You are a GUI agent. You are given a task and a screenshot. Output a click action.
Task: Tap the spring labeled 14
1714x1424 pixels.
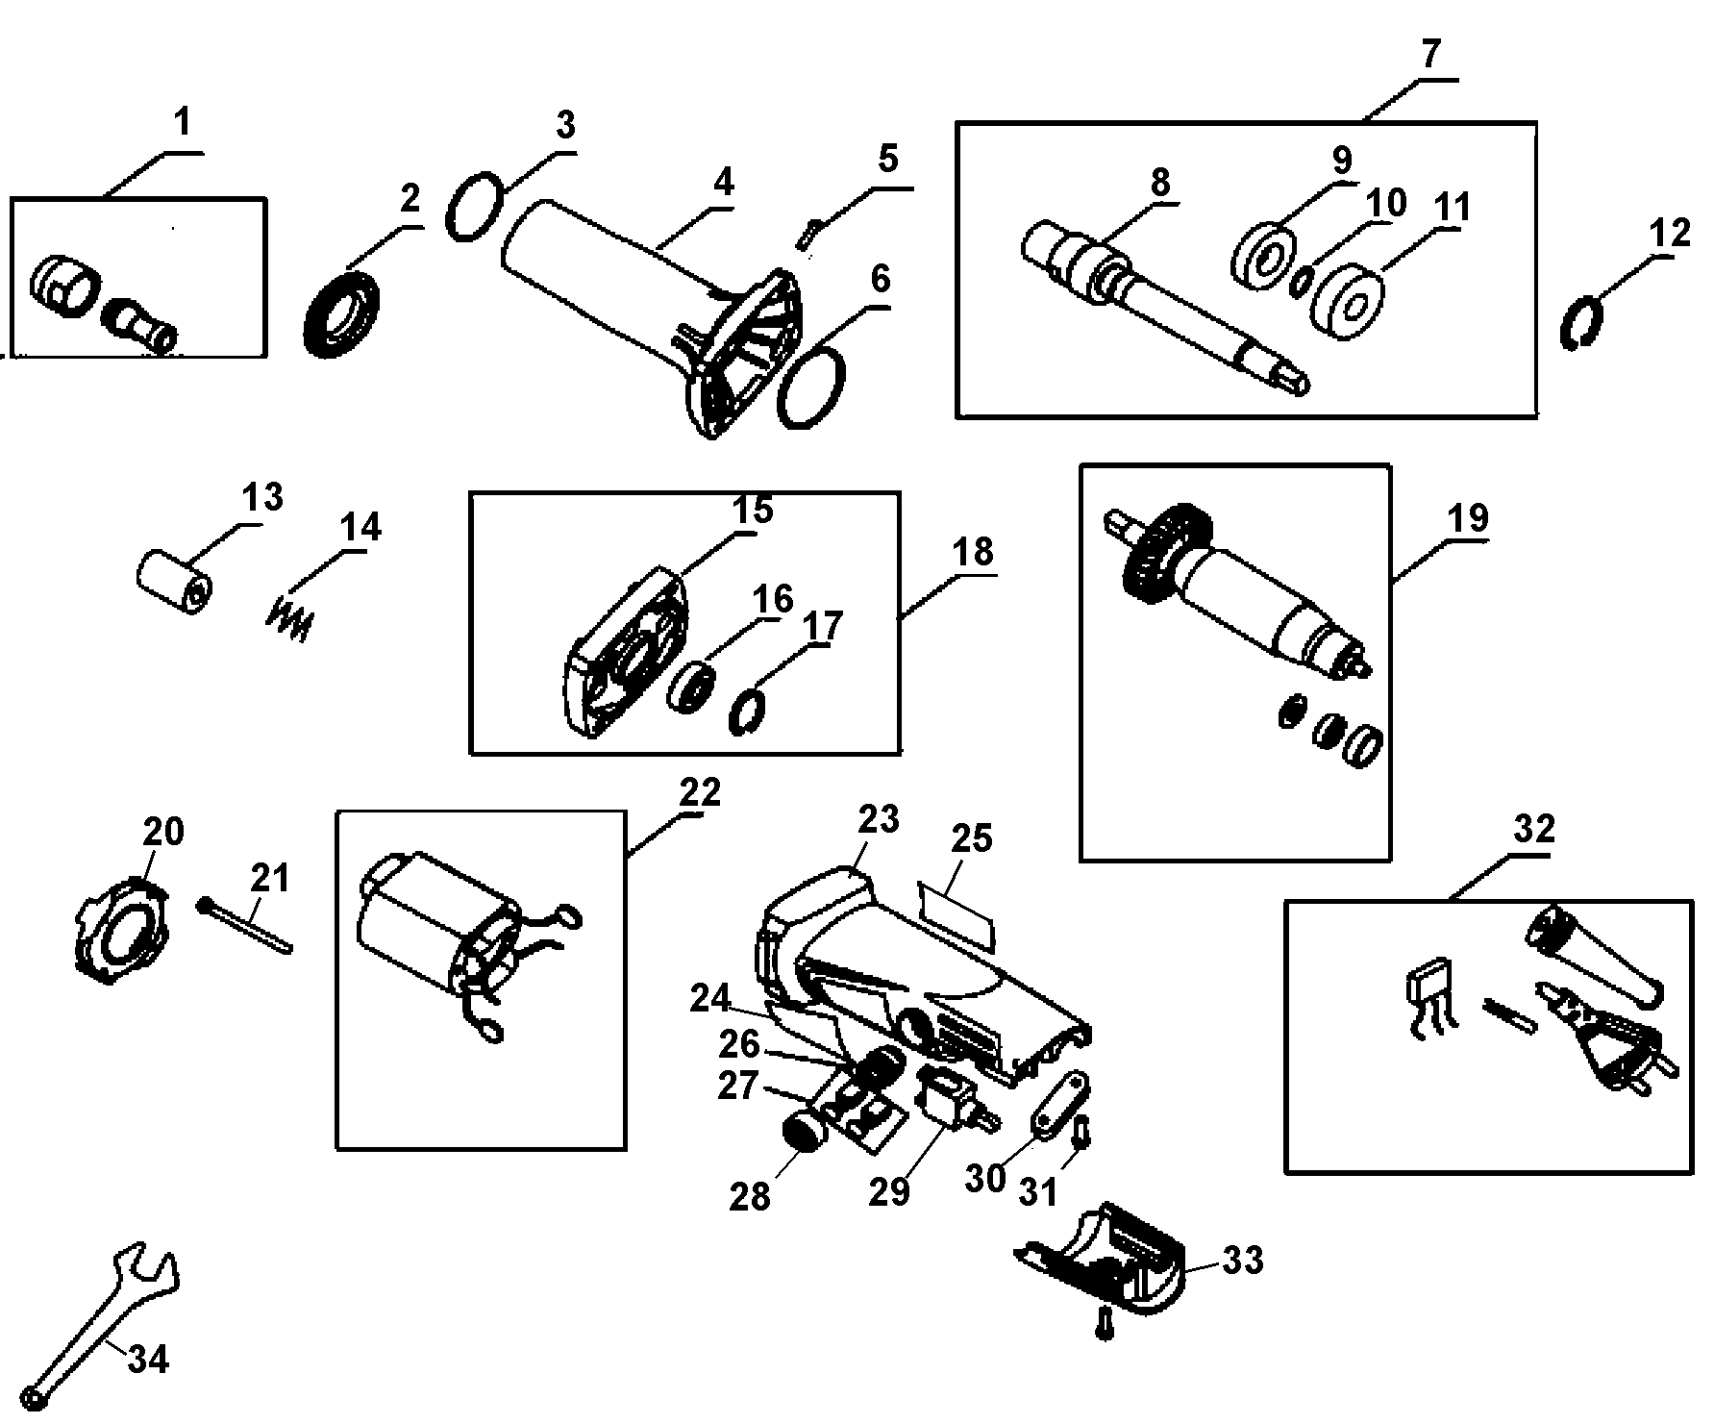tap(288, 618)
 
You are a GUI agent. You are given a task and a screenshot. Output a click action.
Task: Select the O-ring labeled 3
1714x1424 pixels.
tap(475, 205)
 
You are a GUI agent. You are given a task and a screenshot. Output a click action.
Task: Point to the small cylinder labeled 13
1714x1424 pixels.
tap(173, 583)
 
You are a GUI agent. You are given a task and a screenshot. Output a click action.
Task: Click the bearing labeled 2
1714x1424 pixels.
tap(341, 314)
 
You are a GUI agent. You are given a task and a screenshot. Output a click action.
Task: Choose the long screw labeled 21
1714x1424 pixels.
tap(246, 926)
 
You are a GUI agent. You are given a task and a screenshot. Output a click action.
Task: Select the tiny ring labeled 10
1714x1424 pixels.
tap(1302, 283)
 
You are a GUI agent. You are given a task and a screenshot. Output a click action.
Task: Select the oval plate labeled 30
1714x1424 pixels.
tap(1061, 1105)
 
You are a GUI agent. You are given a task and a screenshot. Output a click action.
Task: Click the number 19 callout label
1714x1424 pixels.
tap(1468, 519)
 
